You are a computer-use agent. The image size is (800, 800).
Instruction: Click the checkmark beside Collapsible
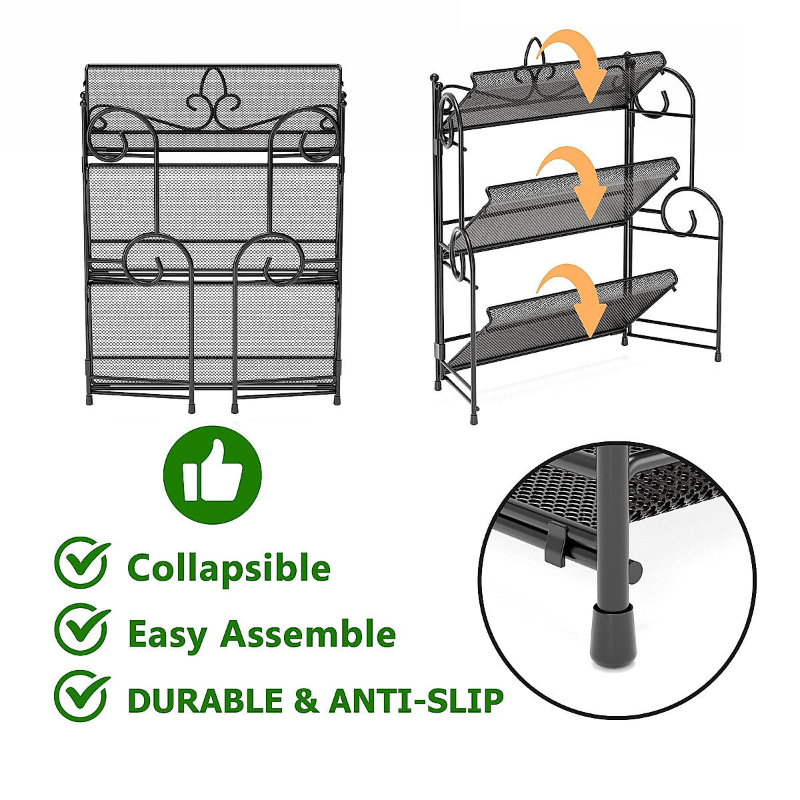pos(81,563)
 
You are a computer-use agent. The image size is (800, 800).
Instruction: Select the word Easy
pos(167,634)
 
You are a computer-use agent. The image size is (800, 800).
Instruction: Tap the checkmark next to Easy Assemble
pos(81,629)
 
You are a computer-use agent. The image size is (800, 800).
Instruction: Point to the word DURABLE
pos(205,701)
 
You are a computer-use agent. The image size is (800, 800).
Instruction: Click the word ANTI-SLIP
pos(416,701)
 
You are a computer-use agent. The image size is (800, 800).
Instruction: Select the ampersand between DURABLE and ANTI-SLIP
pos(306,701)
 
